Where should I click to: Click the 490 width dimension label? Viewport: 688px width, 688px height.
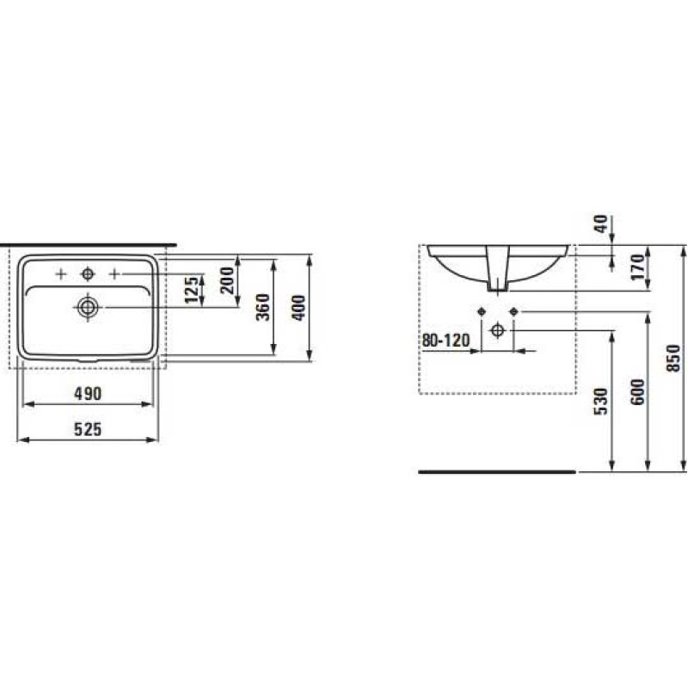point(88,394)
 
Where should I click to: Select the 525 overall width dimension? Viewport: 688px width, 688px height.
point(88,430)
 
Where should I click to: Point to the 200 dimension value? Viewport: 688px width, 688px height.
point(228,279)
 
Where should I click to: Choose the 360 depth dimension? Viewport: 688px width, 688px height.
point(263,305)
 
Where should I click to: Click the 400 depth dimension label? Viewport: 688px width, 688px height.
point(298,305)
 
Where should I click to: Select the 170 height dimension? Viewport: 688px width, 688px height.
point(637,268)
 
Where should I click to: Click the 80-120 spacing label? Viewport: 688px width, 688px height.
point(445,341)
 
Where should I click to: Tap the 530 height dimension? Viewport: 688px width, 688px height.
point(601,401)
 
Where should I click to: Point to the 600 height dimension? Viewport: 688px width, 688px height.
point(637,392)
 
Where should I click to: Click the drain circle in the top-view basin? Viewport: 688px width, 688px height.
point(87,305)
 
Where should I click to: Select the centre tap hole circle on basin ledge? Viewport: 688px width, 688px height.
point(87,274)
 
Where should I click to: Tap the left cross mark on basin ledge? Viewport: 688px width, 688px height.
point(60,274)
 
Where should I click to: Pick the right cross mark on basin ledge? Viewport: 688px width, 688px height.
point(114,274)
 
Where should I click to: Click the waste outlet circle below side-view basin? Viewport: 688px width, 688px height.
point(497,329)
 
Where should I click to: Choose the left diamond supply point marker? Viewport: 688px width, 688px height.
point(482,310)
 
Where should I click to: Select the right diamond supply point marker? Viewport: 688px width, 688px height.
point(513,310)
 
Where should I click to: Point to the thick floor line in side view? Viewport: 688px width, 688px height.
point(496,472)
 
